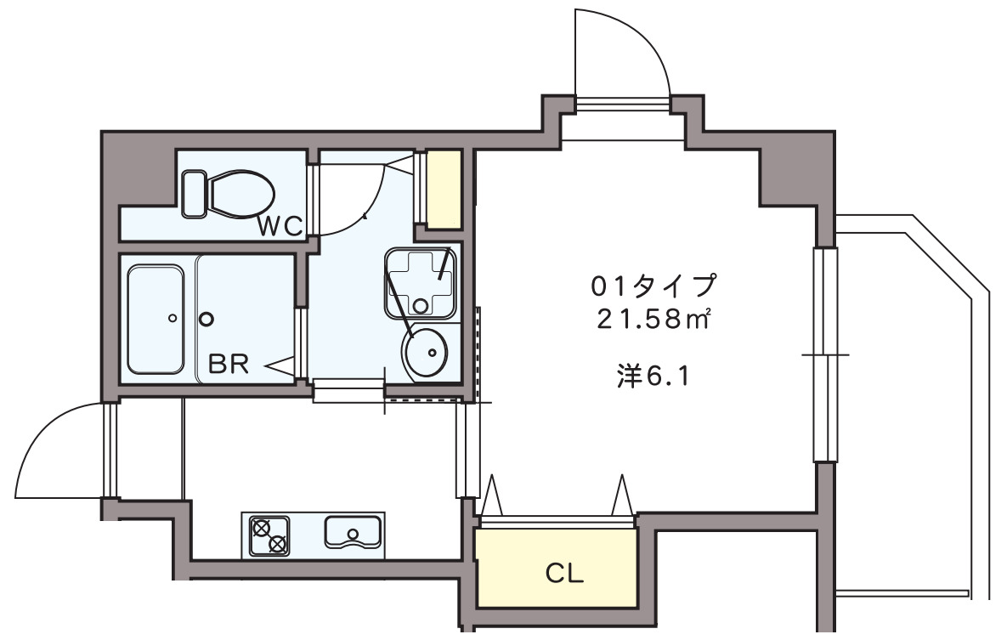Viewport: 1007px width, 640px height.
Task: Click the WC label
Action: point(280,226)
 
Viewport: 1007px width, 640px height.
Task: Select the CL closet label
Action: point(564,575)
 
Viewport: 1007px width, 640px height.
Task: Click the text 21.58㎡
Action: point(653,320)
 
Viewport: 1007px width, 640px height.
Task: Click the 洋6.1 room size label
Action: point(651,376)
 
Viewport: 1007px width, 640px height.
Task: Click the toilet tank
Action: point(195,193)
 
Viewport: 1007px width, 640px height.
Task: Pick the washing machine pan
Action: point(421,282)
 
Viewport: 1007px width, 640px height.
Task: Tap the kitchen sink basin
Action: point(354,532)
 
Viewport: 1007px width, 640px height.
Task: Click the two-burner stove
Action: point(269,535)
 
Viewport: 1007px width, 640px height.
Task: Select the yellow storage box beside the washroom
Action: point(444,189)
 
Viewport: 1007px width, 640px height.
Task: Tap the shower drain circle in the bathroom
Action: point(206,320)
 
